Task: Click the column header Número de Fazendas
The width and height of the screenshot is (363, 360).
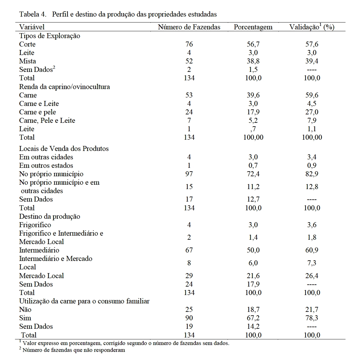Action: click(x=189, y=27)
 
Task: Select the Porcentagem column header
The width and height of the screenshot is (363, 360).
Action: click(x=253, y=27)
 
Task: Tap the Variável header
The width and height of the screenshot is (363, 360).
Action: click(x=32, y=27)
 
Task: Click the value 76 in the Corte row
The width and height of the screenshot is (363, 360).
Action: click(x=189, y=44)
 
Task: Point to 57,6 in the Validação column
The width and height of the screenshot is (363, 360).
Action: click(x=311, y=44)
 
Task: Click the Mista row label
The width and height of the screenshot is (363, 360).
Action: click(x=27, y=61)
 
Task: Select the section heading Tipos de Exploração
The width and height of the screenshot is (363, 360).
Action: click(x=50, y=36)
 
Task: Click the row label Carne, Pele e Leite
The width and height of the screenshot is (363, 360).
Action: click(x=47, y=121)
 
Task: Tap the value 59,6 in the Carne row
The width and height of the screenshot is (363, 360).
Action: click(x=311, y=95)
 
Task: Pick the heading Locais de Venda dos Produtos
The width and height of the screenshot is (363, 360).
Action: click(x=64, y=149)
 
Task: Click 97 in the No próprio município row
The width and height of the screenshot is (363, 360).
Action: click(x=189, y=174)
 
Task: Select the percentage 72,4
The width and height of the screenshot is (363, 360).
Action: click(x=253, y=174)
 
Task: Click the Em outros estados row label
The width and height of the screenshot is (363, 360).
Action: click(x=46, y=166)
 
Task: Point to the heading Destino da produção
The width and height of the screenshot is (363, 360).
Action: click(x=50, y=217)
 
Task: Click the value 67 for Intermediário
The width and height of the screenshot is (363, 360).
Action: click(x=189, y=250)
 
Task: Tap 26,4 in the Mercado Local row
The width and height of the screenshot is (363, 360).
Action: click(x=311, y=276)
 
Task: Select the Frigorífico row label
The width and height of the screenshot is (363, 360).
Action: click(x=35, y=225)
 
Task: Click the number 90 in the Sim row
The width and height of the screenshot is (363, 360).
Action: click(x=189, y=318)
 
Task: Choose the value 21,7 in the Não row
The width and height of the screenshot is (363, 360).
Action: click(x=311, y=310)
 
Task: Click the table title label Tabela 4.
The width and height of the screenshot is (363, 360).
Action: click(x=32, y=14)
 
